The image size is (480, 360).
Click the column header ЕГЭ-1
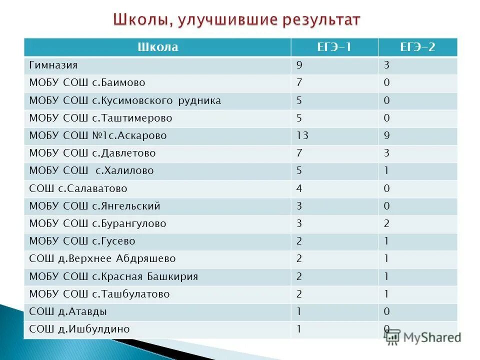[x=334, y=47]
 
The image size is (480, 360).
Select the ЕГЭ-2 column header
[x=417, y=47]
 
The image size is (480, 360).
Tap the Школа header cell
[x=157, y=47]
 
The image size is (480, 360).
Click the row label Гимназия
[x=53, y=65]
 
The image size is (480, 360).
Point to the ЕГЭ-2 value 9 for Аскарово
[x=387, y=135]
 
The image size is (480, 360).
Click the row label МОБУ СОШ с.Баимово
[x=87, y=82]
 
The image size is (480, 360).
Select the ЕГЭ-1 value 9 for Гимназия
[x=299, y=65]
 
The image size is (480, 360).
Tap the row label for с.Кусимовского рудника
[x=125, y=100]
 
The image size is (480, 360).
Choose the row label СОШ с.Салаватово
[x=78, y=188]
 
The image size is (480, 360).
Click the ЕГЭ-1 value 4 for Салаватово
[x=299, y=188]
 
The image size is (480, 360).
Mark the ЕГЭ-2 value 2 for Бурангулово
[x=387, y=223]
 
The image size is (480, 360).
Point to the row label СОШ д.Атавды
[x=68, y=311]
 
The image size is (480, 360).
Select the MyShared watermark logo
[x=423, y=336]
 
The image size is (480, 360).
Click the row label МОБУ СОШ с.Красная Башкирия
[x=113, y=276]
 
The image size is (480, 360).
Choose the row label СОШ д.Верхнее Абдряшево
[x=102, y=259]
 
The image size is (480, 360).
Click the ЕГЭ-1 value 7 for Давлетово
[x=299, y=153]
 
